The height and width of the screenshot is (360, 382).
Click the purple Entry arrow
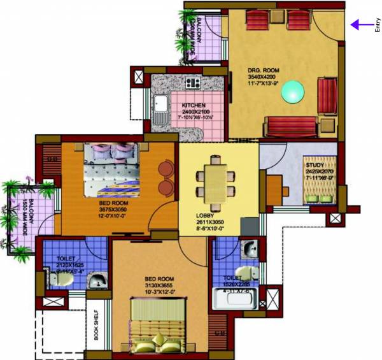point(361,25)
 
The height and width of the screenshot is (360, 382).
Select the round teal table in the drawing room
point(293,92)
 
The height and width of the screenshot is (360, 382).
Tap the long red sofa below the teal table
point(290,127)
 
